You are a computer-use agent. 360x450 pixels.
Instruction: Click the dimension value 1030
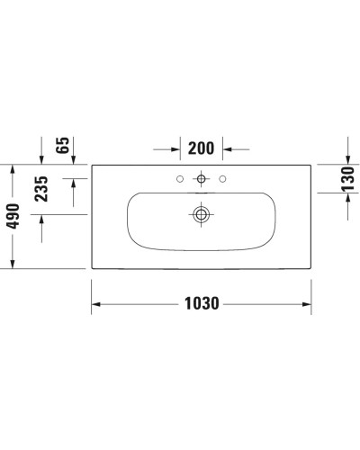(x=202, y=304)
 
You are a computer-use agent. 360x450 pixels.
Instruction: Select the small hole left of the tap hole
(x=180, y=178)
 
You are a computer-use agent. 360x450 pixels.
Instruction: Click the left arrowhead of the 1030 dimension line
(x=97, y=304)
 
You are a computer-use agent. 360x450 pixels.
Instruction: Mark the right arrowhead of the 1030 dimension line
(x=305, y=304)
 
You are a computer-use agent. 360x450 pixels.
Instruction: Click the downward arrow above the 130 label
(x=346, y=158)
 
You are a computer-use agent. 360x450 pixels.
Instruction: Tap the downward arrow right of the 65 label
(x=74, y=158)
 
